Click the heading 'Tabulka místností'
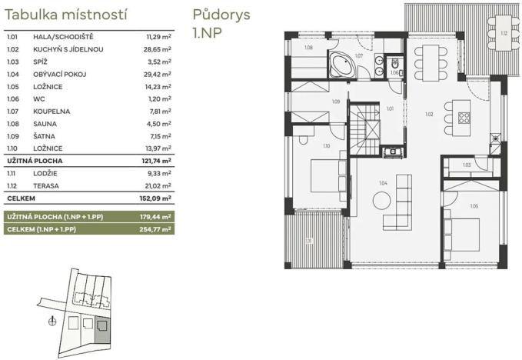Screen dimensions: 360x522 (66, 15)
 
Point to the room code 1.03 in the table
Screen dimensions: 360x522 (12, 61)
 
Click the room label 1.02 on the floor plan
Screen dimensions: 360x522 (429, 114)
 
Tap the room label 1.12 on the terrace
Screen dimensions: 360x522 (504, 33)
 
